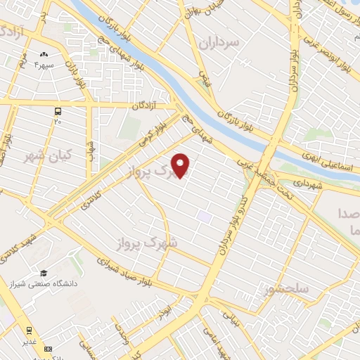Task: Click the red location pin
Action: click(x=181, y=165)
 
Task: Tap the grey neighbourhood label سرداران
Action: click(x=219, y=42)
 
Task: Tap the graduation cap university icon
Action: click(x=44, y=273)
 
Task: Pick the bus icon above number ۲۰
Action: click(x=58, y=111)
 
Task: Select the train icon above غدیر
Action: click(x=29, y=330)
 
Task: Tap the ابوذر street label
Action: click(x=164, y=311)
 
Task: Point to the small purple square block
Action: click(x=204, y=216)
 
